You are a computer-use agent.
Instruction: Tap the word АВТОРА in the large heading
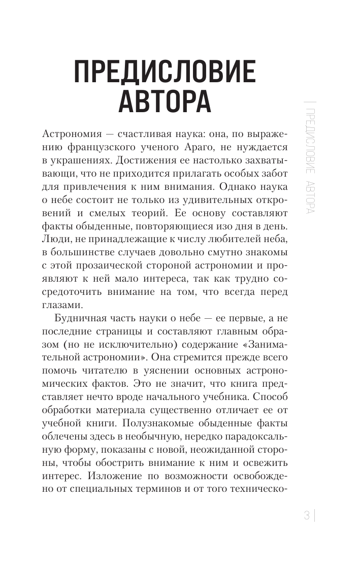tap(165, 100)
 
